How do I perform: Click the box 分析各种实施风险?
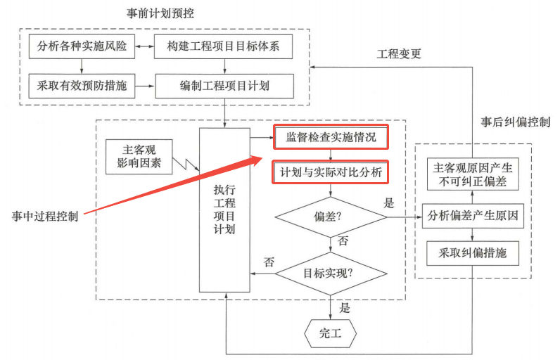82,47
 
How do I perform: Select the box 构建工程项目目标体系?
224,47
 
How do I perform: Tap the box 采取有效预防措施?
82,86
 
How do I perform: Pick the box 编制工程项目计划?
224,86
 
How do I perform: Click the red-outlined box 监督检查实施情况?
331,138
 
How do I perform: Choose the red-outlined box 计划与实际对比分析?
331,172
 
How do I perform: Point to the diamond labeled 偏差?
331,217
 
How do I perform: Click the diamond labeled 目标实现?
331,271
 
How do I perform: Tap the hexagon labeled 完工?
331,333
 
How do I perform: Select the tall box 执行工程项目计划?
224,210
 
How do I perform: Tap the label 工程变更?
399,54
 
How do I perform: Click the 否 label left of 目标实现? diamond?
269,262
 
